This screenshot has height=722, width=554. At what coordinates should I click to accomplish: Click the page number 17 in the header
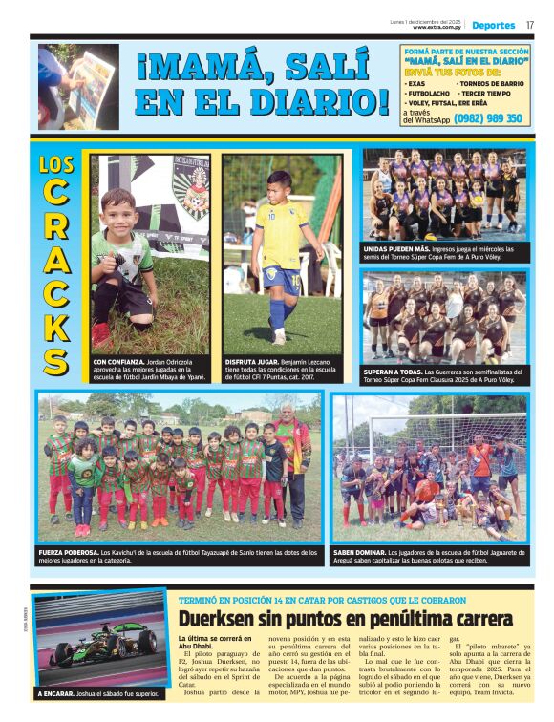pyautogui.click(x=530, y=25)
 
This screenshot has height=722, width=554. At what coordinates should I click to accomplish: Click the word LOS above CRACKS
pyautogui.click(x=56, y=164)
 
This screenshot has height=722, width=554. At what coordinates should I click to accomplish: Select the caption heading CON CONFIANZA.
pyautogui.click(x=119, y=363)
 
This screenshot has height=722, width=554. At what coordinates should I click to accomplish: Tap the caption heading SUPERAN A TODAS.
pyautogui.click(x=392, y=372)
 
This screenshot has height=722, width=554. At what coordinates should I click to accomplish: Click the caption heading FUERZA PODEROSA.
pyautogui.click(x=68, y=553)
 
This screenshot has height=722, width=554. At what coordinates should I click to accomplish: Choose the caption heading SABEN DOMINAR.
pyautogui.click(x=359, y=553)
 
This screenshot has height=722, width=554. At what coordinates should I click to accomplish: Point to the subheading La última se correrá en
pyautogui.click(x=215, y=638)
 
